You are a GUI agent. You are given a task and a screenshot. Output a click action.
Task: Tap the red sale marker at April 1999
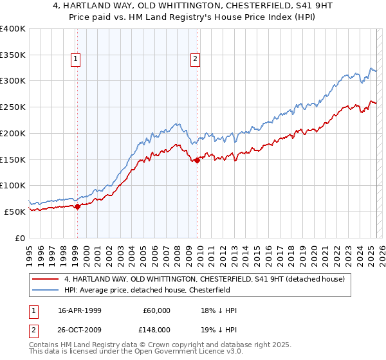77,206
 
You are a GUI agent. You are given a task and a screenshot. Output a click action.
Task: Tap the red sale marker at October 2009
197,161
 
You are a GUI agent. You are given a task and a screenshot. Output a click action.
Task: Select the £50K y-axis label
15,212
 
